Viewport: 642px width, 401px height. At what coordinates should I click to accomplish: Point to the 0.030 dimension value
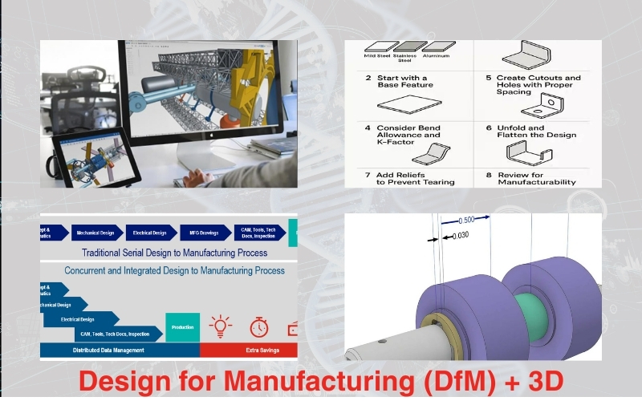tap(461, 236)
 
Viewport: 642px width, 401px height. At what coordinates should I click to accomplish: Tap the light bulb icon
tap(221, 326)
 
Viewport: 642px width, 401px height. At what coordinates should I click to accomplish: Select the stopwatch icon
tap(258, 326)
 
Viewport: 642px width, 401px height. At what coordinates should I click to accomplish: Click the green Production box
tap(182, 327)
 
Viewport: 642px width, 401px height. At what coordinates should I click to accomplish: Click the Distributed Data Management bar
tap(120, 350)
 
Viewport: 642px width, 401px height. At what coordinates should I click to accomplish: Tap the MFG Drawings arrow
tap(204, 233)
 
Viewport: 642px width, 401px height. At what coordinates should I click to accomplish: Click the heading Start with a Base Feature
tap(405, 81)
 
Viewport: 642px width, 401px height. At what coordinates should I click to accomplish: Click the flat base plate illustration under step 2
tap(409, 103)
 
